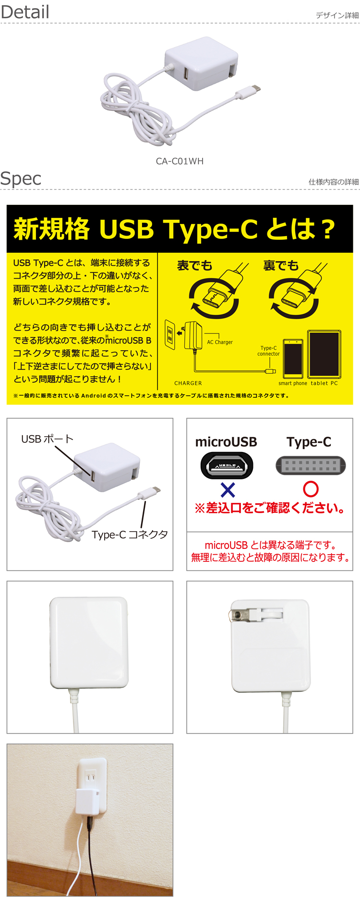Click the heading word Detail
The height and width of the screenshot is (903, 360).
pyautogui.click(x=25, y=12)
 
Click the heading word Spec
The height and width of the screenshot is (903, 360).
pyautogui.click(x=21, y=178)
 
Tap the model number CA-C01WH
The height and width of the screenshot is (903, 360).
pyautogui.click(x=180, y=161)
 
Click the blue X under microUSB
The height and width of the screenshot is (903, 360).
pyautogui.click(x=228, y=490)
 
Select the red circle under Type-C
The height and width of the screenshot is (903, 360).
pyautogui.click(x=311, y=489)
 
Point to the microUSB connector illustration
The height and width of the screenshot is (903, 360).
pyautogui.click(x=227, y=465)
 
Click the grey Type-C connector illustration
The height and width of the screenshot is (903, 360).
pyautogui.click(x=311, y=465)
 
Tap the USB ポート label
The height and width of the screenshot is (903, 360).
pyautogui.click(x=47, y=439)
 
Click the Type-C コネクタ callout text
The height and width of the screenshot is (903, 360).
pyautogui.click(x=130, y=535)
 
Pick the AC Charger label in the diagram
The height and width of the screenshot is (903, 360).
pyautogui.click(x=220, y=342)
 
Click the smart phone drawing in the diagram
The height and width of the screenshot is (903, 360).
pyautogui.click(x=293, y=358)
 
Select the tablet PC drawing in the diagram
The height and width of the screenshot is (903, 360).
pyautogui.click(x=324, y=354)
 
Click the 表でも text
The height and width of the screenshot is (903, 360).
pyautogui.click(x=194, y=265)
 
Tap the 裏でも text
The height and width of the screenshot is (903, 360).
pyautogui.click(x=281, y=265)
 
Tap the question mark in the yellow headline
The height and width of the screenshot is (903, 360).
pyautogui.click(x=328, y=229)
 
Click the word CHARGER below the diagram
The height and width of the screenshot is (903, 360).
pyautogui.click(x=188, y=383)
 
